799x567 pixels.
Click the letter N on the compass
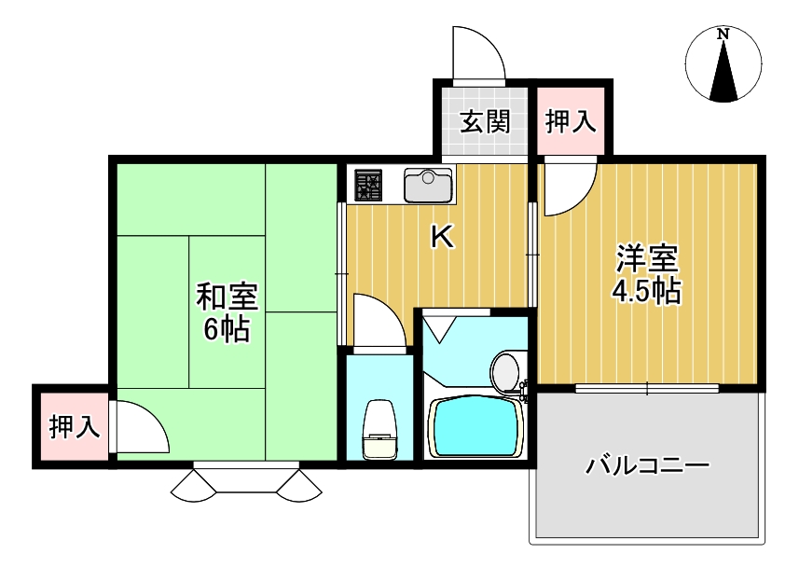tap(723, 35)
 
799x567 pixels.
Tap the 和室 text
tap(227, 297)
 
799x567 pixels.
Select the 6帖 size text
tap(227, 328)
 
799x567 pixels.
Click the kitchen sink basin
tap(428, 186)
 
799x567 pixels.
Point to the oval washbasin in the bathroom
tap(506, 372)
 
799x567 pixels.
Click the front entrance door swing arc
tap(477, 54)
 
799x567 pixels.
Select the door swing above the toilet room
tap(379, 321)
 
